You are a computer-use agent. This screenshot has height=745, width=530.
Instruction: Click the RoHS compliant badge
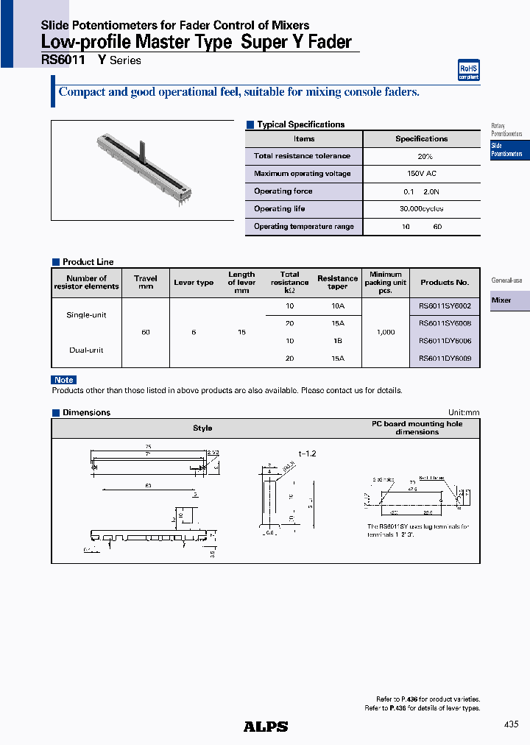[469, 71]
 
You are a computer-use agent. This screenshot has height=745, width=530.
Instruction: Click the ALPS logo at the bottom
[266, 727]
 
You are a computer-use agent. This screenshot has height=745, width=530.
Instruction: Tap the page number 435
[511, 725]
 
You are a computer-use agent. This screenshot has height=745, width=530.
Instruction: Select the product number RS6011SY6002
[445, 305]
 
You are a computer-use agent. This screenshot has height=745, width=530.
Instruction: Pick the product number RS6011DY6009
[445, 359]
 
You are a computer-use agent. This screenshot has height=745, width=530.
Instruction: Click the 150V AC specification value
[421, 174]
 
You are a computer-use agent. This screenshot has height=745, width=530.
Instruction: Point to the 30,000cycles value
[421, 209]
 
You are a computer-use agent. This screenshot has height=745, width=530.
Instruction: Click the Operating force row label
[283, 191]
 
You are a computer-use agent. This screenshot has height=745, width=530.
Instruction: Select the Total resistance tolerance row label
[302, 156]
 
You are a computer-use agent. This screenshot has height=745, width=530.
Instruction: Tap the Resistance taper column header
[337, 283]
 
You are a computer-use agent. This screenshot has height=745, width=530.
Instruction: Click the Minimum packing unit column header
[386, 283]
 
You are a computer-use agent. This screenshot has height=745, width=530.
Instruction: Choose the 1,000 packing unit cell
[386, 332]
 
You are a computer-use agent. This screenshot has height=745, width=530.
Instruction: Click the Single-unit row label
[86, 315]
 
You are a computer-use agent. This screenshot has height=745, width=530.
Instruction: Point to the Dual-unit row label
[86, 350]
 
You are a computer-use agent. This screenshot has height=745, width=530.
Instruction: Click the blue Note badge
[64, 380]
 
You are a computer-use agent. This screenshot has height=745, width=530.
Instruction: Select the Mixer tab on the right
[509, 300]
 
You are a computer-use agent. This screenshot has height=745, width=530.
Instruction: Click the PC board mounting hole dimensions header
[417, 428]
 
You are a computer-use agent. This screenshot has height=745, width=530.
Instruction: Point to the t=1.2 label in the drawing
[307, 454]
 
